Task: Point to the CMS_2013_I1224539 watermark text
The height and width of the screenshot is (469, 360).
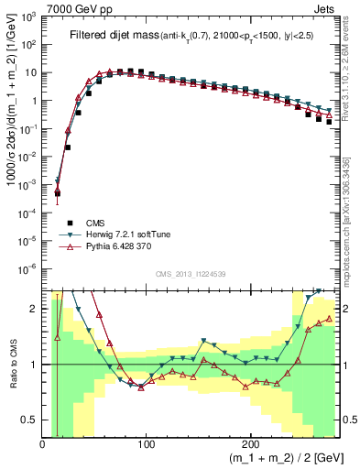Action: tap(191, 274)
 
